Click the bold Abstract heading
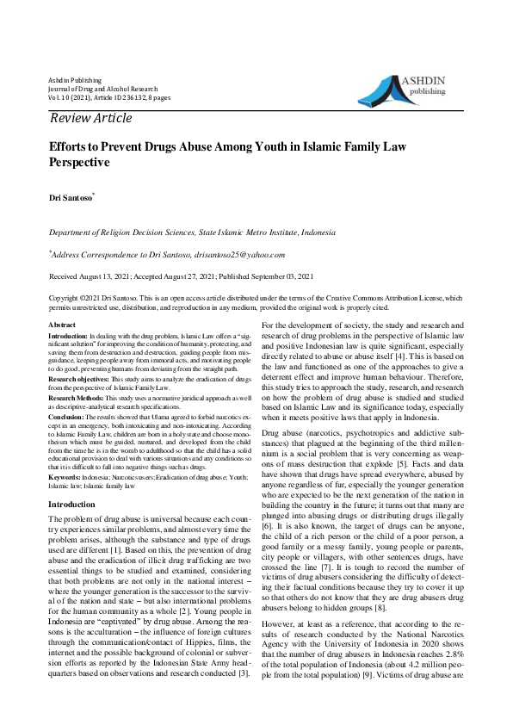click(x=63, y=323)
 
